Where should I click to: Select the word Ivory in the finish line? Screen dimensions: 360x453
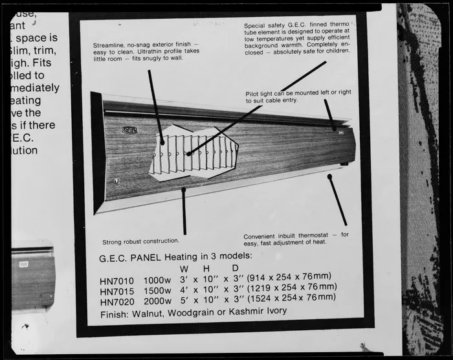click(272, 311)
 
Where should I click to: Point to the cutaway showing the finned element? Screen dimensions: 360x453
click(194, 153)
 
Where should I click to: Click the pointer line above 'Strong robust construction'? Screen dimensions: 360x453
click(184, 210)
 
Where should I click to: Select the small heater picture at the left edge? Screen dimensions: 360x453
click(32, 275)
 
